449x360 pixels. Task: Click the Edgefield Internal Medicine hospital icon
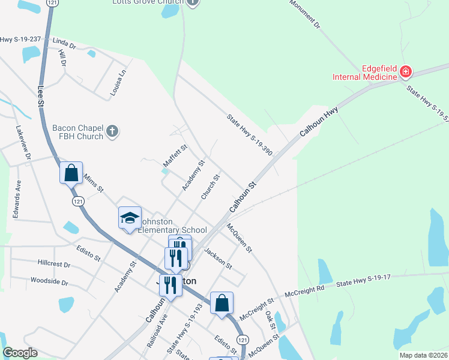[x=406, y=72]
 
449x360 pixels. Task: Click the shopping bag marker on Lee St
[x=71, y=173]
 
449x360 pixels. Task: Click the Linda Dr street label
[x=64, y=44]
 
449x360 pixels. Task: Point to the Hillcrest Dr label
[x=54, y=264]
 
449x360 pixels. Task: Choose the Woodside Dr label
[x=50, y=281]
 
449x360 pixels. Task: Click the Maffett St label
[x=175, y=156]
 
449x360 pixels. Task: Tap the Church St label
[x=209, y=187]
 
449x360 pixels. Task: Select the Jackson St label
[x=218, y=258]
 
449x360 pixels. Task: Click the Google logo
[x=20, y=353]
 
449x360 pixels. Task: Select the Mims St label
[x=93, y=184]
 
